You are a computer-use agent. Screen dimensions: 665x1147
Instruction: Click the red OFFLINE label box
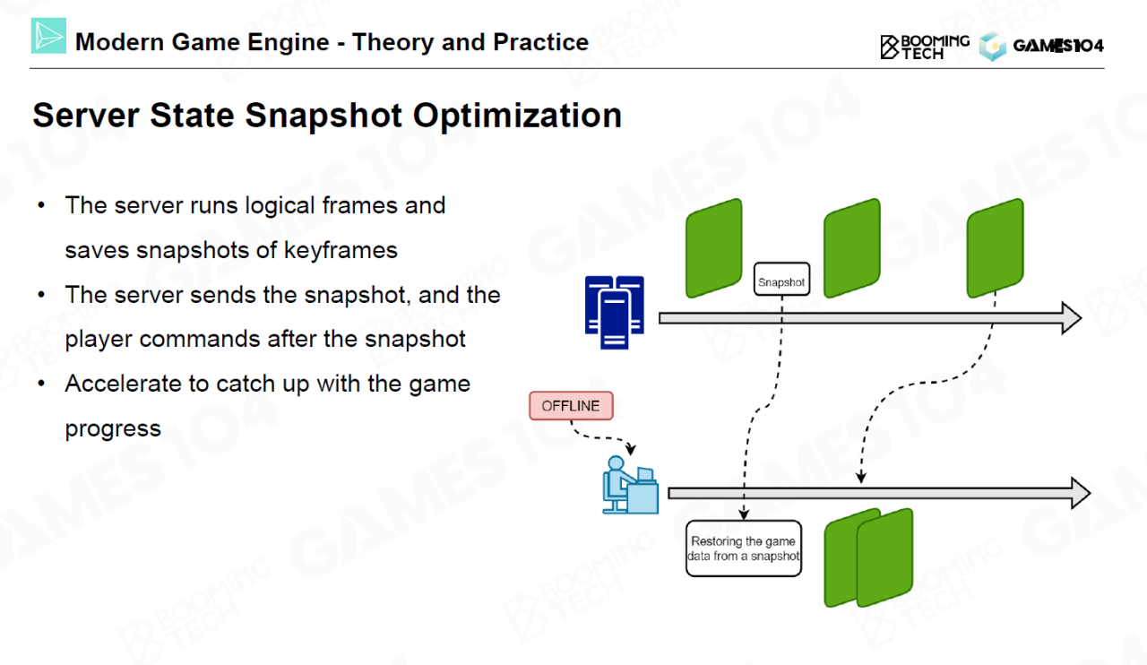[571, 406]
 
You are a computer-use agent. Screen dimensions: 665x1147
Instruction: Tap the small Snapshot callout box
[781, 282]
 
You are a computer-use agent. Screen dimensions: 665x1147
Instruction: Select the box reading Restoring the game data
[744, 548]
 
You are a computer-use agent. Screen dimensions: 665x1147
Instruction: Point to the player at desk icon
[629, 485]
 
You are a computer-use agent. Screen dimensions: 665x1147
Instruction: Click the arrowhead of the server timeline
[1071, 317]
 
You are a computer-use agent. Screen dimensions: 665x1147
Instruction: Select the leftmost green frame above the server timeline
[714, 247]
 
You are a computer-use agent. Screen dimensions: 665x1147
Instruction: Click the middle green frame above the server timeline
[852, 247]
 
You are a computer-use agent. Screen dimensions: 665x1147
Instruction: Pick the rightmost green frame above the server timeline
[995, 247]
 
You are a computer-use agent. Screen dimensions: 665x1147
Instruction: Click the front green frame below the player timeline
[884, 557]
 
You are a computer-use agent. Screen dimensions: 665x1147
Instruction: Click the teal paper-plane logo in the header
[48, 36]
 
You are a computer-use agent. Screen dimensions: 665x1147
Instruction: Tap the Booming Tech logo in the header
[925, 47]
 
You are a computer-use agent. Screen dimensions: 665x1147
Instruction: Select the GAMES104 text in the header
[1057, 46]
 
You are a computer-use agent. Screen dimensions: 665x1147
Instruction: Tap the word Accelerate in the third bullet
[124, 384]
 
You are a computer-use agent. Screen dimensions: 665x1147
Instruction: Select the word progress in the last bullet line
[113, 428]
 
